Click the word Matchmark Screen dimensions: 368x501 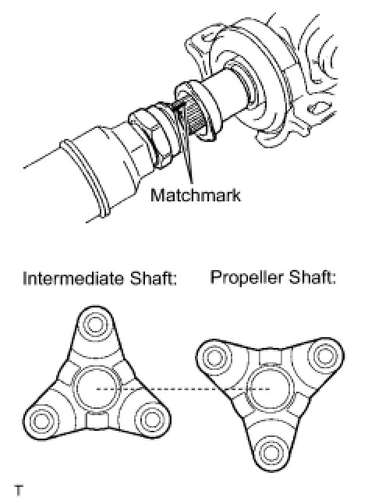click(196, 194)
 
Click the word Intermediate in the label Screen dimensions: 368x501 click(73, 279)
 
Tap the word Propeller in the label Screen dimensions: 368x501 click(246, 278)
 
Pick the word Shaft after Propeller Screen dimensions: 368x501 click(313, 277)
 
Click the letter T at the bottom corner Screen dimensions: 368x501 click(19, 490)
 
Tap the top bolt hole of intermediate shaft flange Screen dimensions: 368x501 click(94, 325)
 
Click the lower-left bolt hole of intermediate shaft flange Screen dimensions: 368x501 click(41, 421)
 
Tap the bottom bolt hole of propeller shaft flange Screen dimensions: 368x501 click(270, 452)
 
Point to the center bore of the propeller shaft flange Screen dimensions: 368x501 click(270, 388)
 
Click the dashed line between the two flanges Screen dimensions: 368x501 click(183, 389)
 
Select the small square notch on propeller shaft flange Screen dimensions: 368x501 click(270, 357)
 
